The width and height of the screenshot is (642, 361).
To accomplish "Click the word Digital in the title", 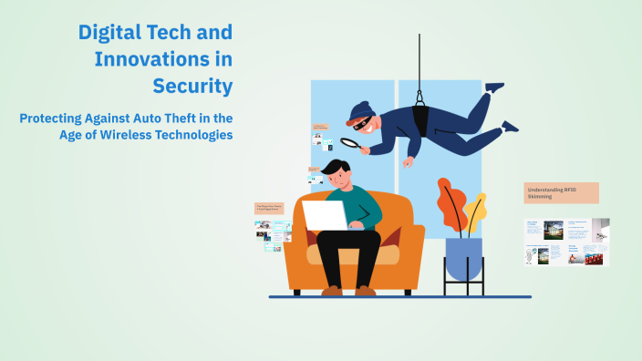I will [x=106, y=32].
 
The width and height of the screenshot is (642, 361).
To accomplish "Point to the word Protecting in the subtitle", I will [x=60, y=118].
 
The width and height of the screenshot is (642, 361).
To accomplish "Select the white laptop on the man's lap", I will [x=325, y=214].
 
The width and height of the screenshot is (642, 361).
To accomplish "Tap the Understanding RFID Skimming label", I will [x=561, y=192].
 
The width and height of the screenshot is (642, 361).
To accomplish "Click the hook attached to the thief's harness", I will [x=420, y=93].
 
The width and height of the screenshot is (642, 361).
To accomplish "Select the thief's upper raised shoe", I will [x=493, y=88].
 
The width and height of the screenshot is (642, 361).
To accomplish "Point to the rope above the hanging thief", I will [x=419, y=55].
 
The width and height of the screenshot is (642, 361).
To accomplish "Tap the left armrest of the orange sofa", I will [x=297, y=246].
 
